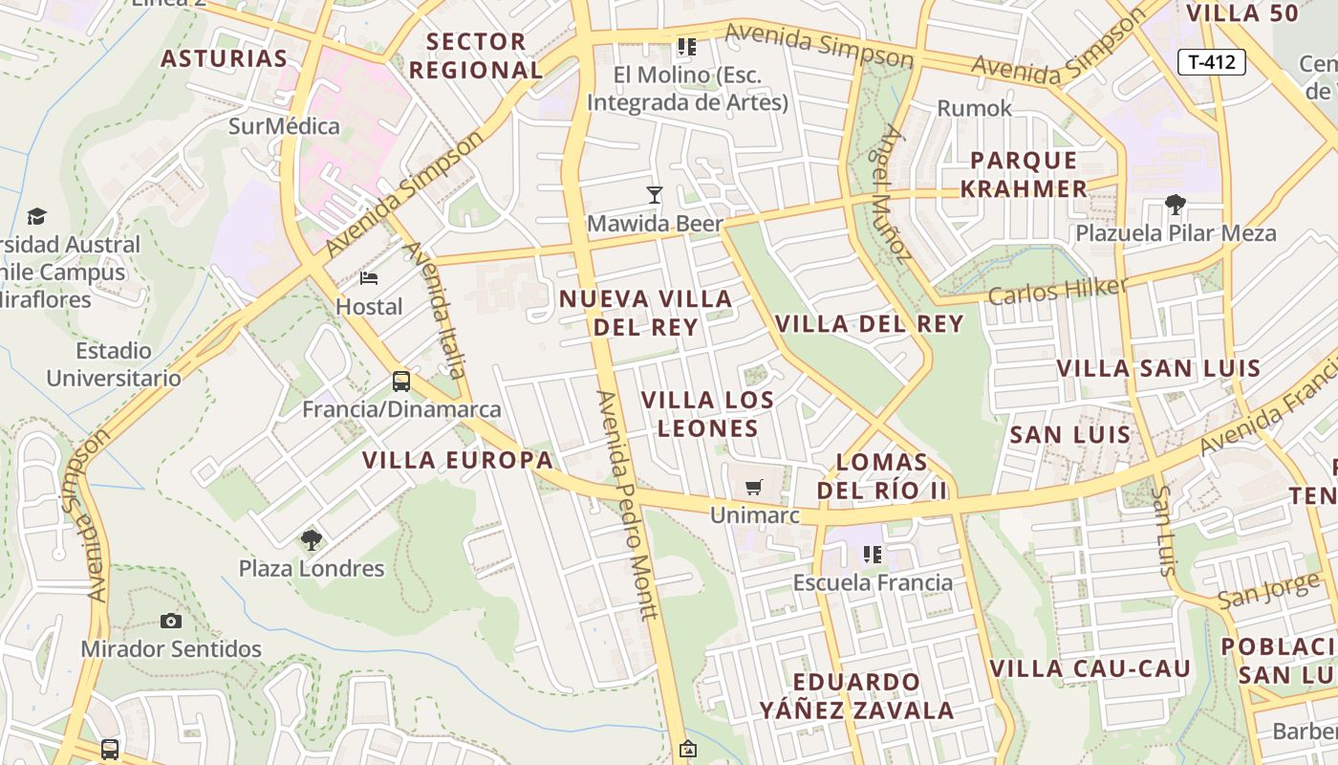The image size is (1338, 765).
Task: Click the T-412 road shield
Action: (1211, 63)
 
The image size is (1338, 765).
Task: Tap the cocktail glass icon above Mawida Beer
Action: (655, 195)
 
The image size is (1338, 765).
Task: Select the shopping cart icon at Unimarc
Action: (753, 487)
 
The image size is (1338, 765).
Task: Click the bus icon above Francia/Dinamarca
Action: (401, 382)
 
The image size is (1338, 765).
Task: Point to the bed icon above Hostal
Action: (369, 278)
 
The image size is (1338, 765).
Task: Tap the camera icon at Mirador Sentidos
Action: (171, 621)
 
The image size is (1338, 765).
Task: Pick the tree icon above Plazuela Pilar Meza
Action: (1176, 204)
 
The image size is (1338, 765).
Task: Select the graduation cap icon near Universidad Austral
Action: (36, 216)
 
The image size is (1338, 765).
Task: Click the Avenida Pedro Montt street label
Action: (627, 504)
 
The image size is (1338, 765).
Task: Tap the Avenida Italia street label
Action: (436, 310)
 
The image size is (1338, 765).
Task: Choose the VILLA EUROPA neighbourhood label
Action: (458, 460)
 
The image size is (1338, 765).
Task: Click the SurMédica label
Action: (284, 126)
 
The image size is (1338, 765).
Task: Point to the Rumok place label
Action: (974, 108)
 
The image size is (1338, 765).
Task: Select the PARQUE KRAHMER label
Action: (1024, 174)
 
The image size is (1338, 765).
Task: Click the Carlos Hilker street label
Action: (1058, 291)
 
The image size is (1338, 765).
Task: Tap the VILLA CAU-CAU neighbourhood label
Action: (1090, 668)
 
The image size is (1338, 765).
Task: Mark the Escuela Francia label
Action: (873, 582)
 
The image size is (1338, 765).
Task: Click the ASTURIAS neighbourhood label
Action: (224, 58)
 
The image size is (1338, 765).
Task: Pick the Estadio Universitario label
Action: (114, 364)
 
